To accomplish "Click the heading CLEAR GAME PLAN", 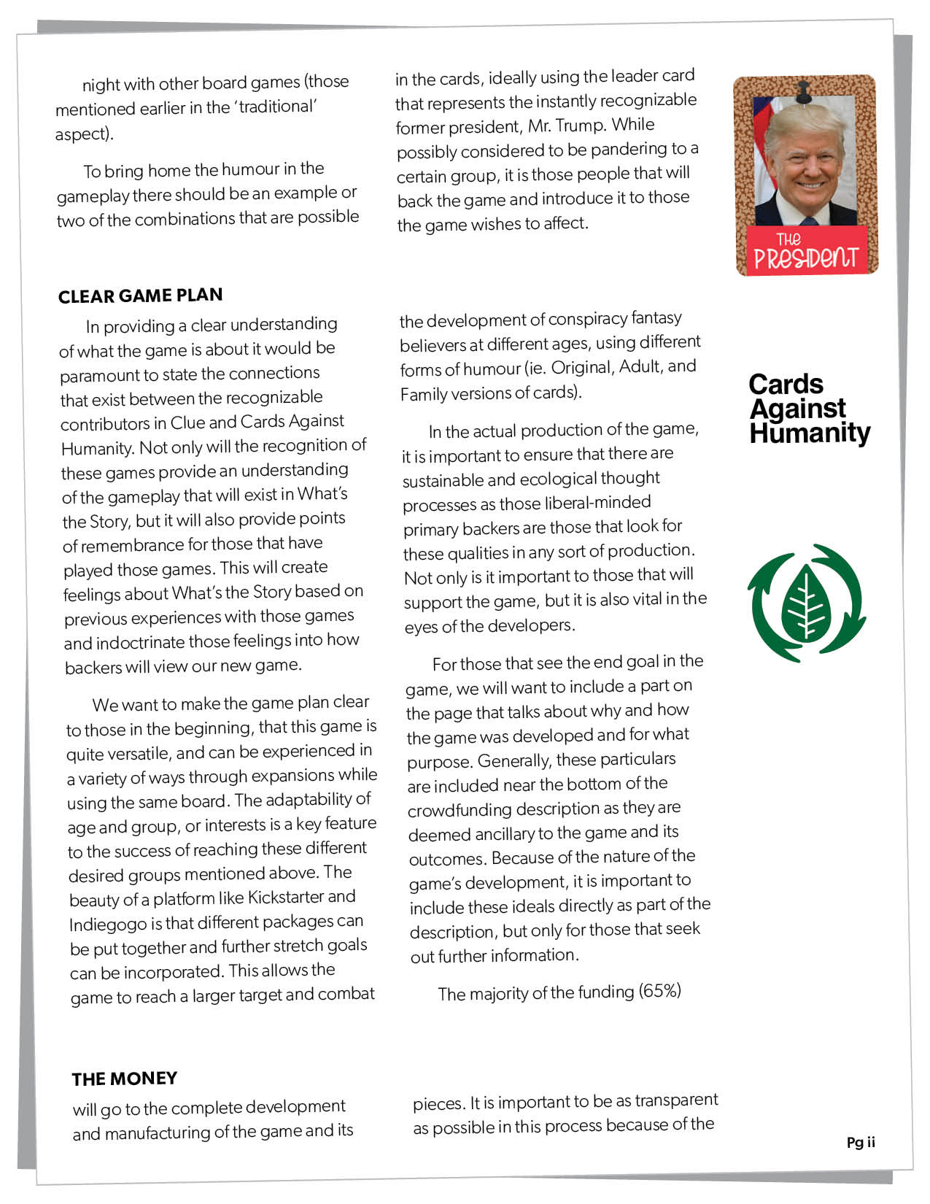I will click(x=140, y=296).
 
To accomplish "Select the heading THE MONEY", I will click(x=124, y=1078).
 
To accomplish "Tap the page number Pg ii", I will click(x=861, y=1143).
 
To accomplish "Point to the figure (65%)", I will click(x=660, y=991).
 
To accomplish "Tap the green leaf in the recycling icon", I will click(x=806, y=605).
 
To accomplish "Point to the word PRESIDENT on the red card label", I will click(x=805, y=258).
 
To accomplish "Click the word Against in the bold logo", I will click(x=798, y=409).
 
